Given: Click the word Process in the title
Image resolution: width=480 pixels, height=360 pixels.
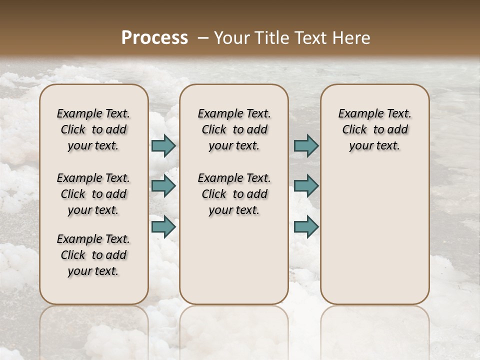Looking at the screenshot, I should [154, 38].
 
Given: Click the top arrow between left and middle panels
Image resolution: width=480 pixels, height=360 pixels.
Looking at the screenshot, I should [163, 145].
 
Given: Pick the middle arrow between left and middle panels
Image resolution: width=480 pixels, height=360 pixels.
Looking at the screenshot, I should [163, 186].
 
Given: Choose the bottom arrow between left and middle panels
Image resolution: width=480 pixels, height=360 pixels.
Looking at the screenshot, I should [163, 226].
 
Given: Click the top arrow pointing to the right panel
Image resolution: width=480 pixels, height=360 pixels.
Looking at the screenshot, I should [306, 145].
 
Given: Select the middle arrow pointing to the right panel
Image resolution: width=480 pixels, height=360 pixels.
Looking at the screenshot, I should [306, 186].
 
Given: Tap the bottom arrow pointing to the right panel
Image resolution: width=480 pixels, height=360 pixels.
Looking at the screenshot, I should [306, 226].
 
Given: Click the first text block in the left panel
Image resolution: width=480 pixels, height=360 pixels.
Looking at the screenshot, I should [93, 129].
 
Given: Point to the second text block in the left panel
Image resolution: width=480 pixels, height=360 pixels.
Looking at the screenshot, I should [93, 194].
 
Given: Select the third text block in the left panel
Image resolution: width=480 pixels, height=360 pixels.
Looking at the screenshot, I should [93, 255].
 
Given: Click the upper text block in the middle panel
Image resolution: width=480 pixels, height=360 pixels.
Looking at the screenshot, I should [234, 129].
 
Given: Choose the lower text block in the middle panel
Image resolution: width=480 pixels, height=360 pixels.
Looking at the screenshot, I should [234, 194].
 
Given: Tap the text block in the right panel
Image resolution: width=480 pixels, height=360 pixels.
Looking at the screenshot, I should [375, 129].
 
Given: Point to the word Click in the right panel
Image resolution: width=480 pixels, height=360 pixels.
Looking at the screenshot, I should [354, 130].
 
